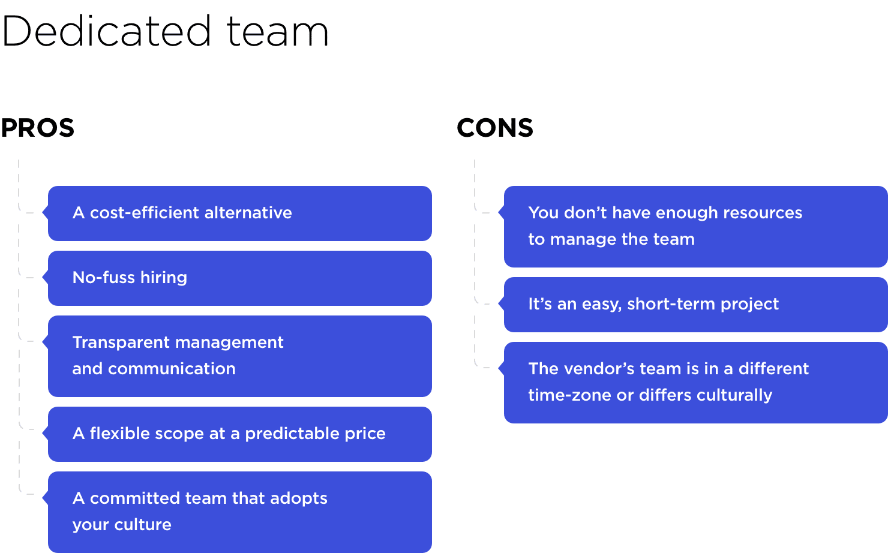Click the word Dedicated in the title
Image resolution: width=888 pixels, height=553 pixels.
click(x=106, y=31)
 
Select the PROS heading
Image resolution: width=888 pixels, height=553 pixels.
click(x=38, y=128)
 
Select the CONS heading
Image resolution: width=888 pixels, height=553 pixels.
click(x=495, y=128)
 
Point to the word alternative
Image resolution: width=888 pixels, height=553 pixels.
click(x=248, y=213)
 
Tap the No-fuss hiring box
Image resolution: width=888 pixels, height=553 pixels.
click(x=240, y=278)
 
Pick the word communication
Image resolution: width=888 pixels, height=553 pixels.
click(x=172, y=369)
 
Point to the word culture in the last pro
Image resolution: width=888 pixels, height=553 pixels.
click(x=143, y=524)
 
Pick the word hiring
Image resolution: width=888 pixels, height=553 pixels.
click(x=163, y=278)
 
